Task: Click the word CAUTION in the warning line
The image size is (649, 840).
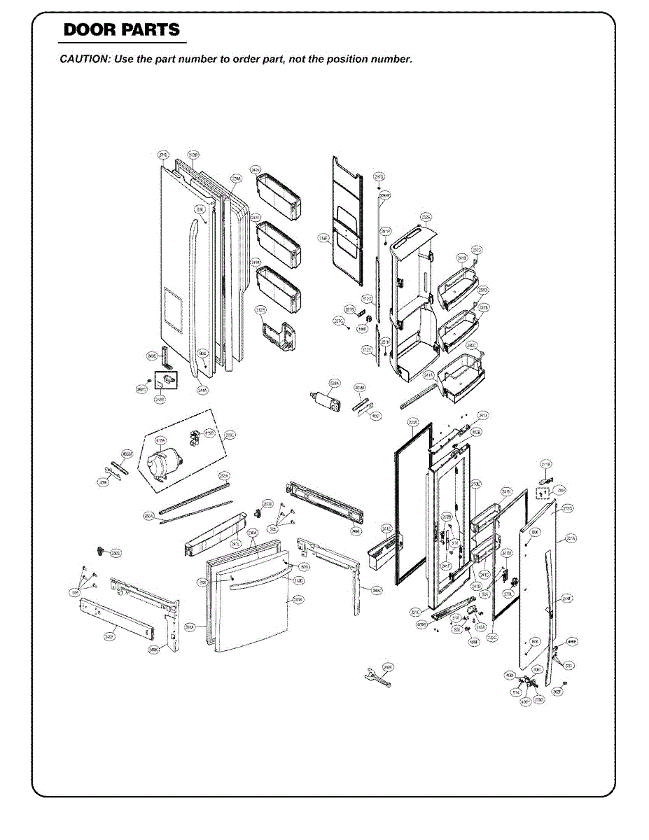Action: [x=82, y=59]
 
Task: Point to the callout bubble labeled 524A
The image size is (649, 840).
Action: [x=335, y=384]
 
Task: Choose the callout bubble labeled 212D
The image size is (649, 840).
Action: [x=298, y=580]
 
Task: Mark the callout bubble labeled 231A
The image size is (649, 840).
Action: [x=571, y=538]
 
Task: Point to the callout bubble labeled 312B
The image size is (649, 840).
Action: [x=260, y=309]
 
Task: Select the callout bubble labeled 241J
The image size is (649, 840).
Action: [x=483, y=416]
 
